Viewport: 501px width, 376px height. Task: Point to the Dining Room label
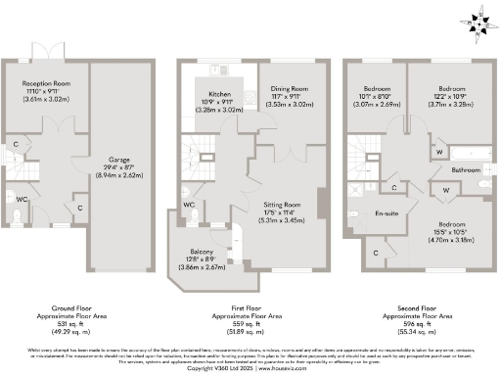coord(291,88)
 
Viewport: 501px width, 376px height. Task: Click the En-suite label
coord(387,212)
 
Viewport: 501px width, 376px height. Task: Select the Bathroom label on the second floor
coord(466,169)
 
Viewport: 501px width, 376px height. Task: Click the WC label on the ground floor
coord(23,200)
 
